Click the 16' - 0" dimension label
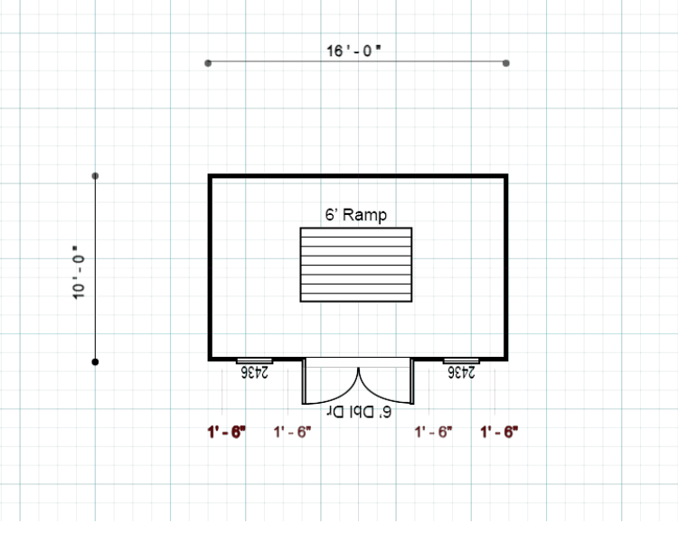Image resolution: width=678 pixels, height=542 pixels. [354, 51]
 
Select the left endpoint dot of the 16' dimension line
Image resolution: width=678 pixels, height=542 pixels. [209, 63]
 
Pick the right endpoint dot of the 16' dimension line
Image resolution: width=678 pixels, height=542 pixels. [505, 63]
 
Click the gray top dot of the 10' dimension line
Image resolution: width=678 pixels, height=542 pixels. [96, 176]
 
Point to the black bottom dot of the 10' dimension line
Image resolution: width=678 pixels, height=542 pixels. [96, 362]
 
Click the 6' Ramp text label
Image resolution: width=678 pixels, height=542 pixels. [356, 215]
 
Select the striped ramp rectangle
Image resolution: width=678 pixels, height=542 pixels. [356, 265]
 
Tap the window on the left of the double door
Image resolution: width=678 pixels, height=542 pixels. [254, 360]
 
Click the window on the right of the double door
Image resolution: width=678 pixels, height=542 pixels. [461, 360]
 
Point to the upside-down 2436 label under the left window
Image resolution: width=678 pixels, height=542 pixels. [255, 371]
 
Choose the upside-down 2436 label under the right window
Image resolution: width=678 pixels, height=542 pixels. [461, 371]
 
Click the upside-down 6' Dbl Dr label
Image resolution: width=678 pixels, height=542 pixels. [358, 412]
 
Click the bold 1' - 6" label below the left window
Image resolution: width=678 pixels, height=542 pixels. [227, 432]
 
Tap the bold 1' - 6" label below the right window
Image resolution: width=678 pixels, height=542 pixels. [499, 432]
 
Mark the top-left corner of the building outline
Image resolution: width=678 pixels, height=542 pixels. [211, 177]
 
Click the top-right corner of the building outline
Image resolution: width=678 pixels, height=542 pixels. [505, 177]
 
